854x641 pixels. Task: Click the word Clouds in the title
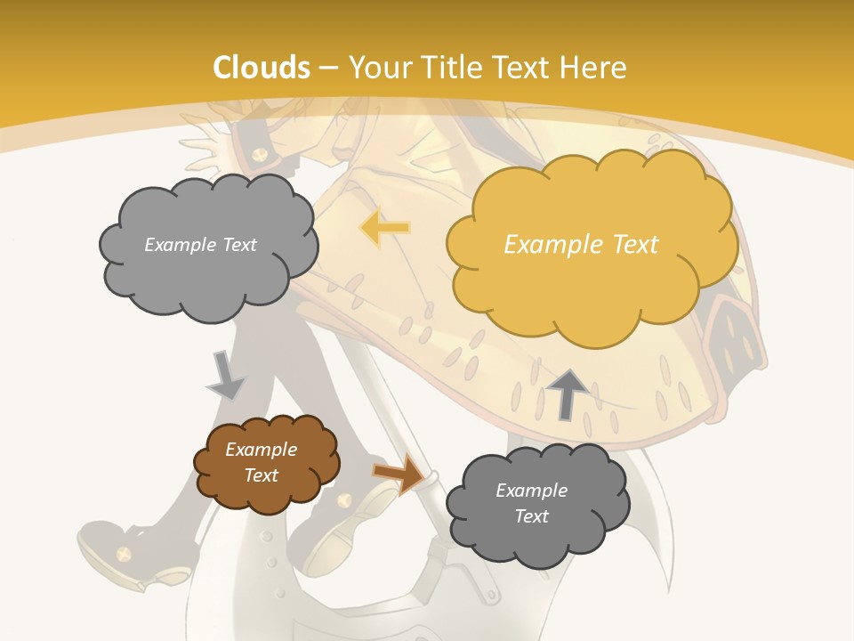pos(262,68)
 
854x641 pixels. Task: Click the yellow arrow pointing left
pos(384,228)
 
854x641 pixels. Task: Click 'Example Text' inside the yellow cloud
pos(581,245)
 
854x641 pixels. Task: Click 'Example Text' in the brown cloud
pos(262,462)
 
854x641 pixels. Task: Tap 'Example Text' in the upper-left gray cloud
pos(200,245)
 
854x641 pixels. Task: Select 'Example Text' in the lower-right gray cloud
pos(531,503)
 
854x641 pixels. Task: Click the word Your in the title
pos(378,68)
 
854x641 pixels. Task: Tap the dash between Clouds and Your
pos(326,68)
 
